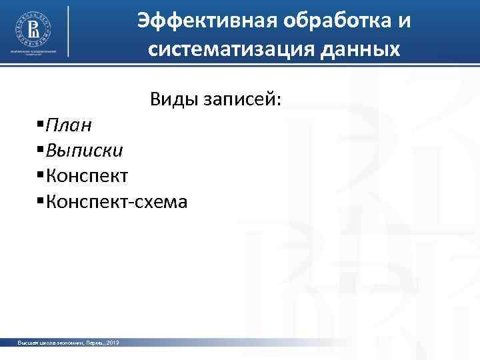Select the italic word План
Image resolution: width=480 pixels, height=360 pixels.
(x=69, y=125)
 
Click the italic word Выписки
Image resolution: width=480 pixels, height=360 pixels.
(x=84, y=150)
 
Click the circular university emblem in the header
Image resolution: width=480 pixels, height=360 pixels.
(x=33, y=27)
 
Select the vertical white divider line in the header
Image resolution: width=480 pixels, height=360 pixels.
(x=69, y=33)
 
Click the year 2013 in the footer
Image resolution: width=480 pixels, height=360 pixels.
(x=112, y=343)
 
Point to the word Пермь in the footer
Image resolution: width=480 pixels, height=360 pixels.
(x=93, y=343)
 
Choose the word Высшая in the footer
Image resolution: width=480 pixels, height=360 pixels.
(x=29, y=343)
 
